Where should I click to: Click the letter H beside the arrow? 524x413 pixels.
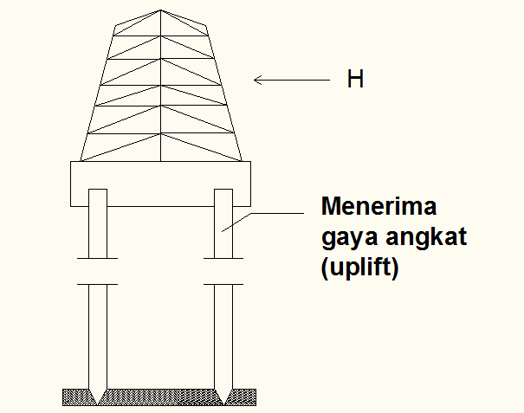(x=354, y=80)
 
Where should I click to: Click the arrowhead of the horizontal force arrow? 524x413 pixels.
(x=256, y=81)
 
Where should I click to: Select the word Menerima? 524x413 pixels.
(x=379, y=208)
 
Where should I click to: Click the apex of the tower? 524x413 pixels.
(x=161, y=10)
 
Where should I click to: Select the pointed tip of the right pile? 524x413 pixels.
(x=223, y=403)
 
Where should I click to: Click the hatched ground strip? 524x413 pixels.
(x=160, y=397)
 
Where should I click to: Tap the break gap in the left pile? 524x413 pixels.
(x=98, y=271)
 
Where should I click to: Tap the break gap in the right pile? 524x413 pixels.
(x=223, y=271)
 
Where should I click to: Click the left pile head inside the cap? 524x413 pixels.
(x=98, y=198)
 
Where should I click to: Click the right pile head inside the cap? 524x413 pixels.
(x=223, y=198)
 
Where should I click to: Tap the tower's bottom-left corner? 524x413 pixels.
(x=81, y=161)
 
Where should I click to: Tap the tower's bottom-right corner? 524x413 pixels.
(x=242, y=161)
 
